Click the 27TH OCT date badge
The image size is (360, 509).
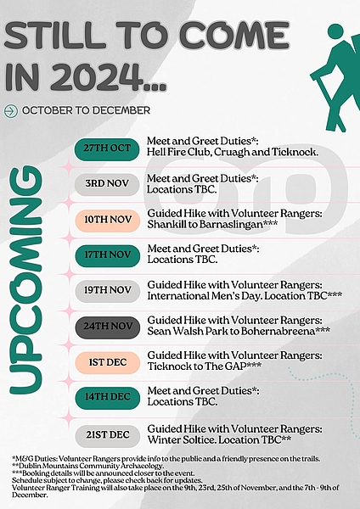(107, 149)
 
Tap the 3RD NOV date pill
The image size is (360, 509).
(107, 184)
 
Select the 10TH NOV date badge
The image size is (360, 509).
(108, 220)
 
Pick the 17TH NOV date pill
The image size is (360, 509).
(108, 255)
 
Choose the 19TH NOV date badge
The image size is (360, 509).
(108, 291)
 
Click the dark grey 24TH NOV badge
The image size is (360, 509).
(108, 327)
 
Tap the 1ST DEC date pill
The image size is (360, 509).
(108, 362)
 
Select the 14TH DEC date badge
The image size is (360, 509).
(108, 398)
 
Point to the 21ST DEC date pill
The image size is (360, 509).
(108, 436)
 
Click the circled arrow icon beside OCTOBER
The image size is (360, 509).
(11, 111)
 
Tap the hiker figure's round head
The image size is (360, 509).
(335, 31)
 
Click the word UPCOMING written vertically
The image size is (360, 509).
(26, 280)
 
